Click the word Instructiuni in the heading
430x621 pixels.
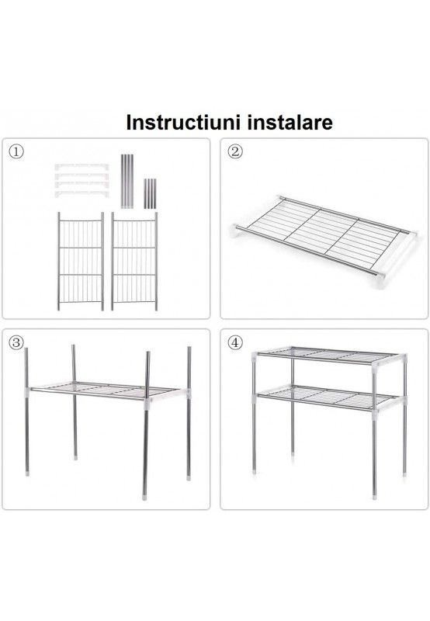[x=183, y=123]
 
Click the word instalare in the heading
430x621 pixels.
[x=290, y=123]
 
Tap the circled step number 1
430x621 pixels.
[x=16, y=151]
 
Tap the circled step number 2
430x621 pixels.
[x=236, y=151]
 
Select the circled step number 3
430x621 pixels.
[x=16, y=342]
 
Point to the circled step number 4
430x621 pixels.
[x=236, y=342]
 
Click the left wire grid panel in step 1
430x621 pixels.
[x=81, y=262]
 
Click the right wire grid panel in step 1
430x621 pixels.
[x=134, y=262]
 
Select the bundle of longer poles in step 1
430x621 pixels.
[x=127, y=181]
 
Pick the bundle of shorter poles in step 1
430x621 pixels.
[x=150, y=193]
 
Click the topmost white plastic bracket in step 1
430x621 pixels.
[x=81, y=167]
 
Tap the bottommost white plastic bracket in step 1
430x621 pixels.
[x=81, y=194]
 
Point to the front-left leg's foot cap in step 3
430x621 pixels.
[x=27, y=473]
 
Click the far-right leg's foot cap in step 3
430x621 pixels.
[x=189, y=477]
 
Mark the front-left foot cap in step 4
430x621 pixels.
[x=255, y=472]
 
